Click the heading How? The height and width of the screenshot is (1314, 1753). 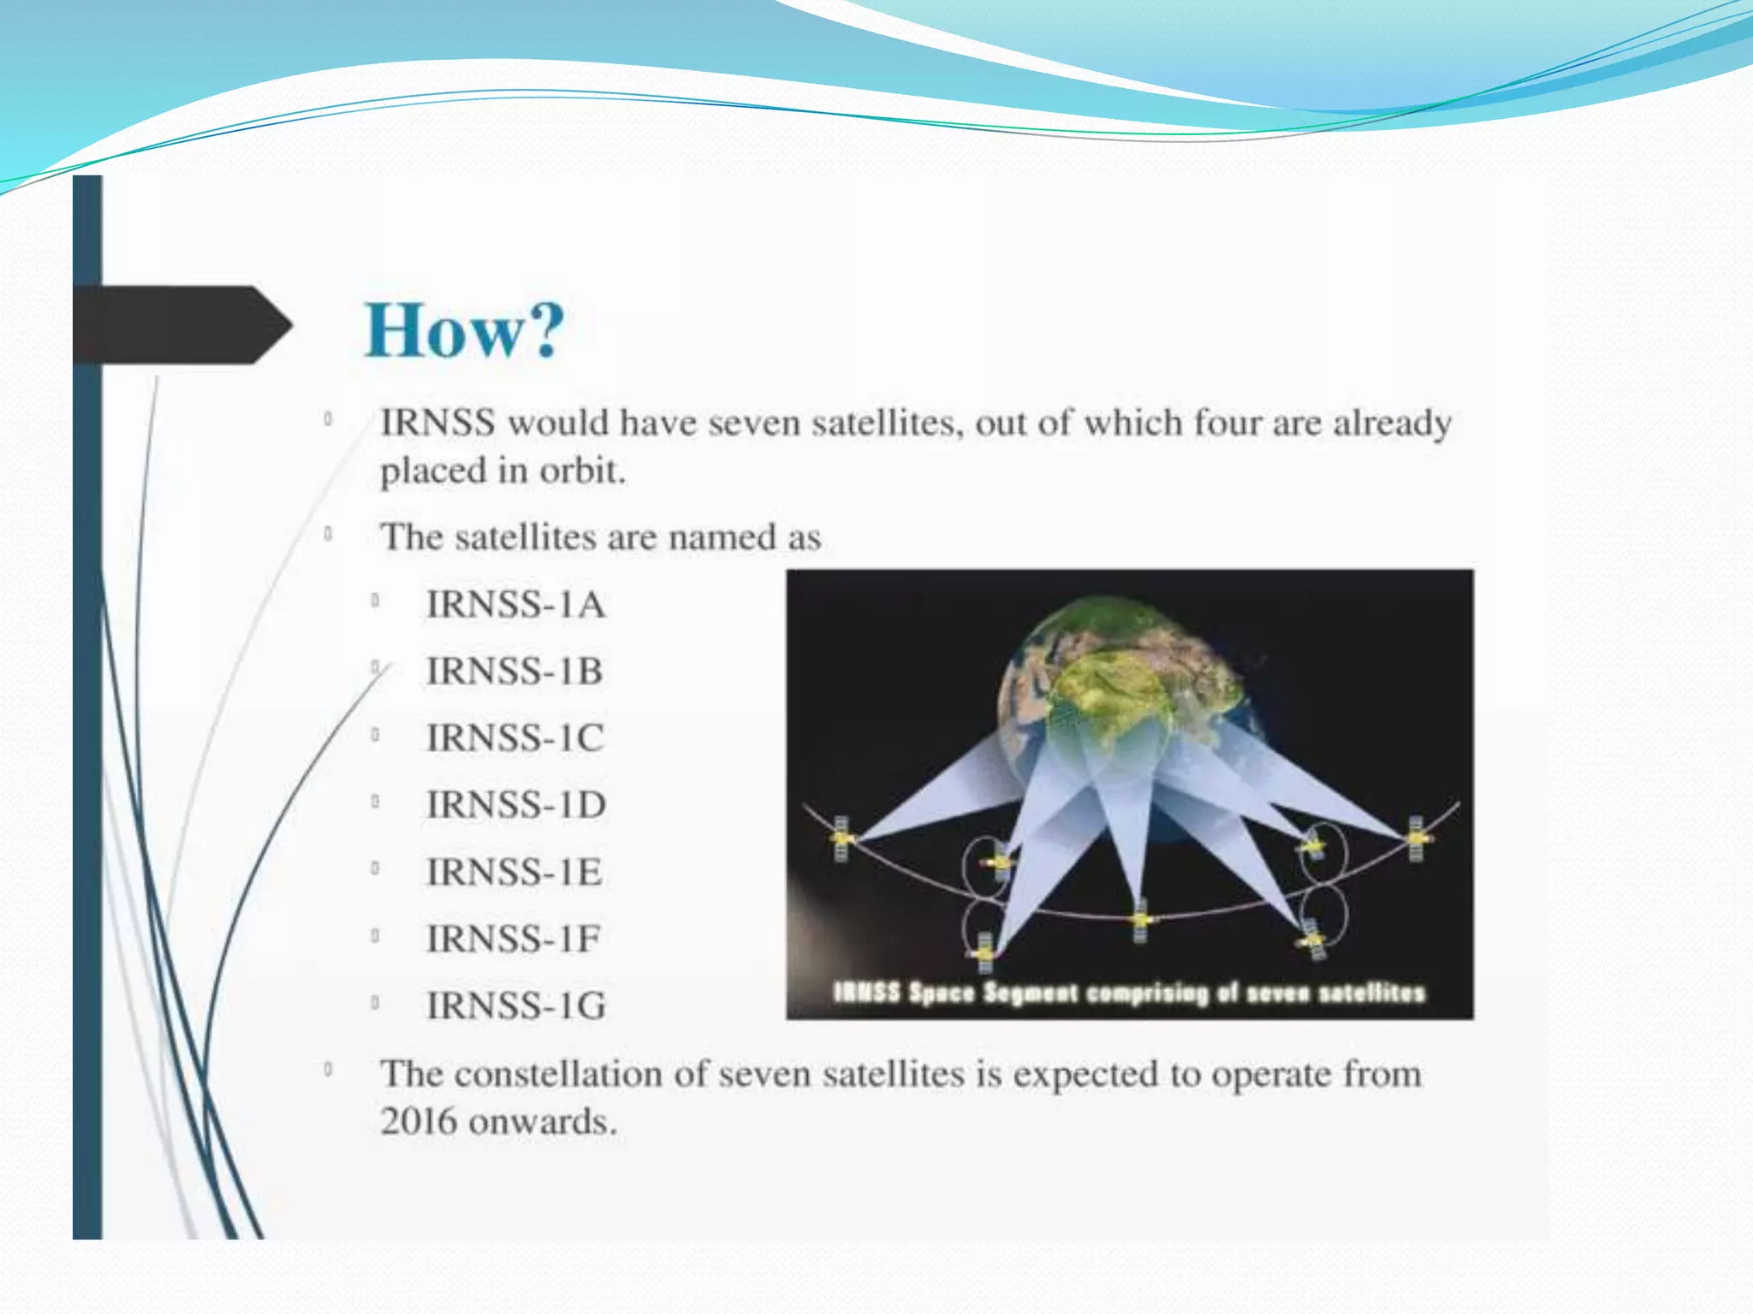[465, 331]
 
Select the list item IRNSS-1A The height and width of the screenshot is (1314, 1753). [516, 605]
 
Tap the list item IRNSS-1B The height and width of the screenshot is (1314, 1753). [515, 672]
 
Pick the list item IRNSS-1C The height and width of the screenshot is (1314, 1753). [515, 738]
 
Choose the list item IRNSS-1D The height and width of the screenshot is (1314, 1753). [516, 805]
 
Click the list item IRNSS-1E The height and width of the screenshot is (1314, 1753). [514, 873]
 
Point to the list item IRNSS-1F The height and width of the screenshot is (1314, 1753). [514, 939]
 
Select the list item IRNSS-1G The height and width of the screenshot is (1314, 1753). [516, 1006]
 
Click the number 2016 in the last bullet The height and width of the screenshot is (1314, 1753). [418, 1122]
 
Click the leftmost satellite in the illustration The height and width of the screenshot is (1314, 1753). [842, 838]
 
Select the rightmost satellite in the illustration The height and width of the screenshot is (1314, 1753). [1417, 838]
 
